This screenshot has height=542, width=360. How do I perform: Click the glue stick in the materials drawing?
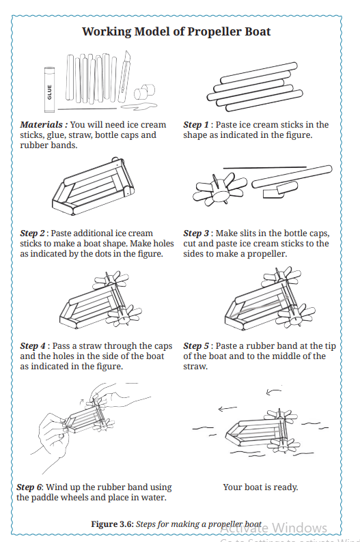pos(49,90)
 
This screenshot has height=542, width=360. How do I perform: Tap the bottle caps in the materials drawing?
pos(145,91)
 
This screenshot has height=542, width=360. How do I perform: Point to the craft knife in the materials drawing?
pos(124,76)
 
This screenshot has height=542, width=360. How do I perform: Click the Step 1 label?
pos(196,125)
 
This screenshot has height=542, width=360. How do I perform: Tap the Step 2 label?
pos(33,233)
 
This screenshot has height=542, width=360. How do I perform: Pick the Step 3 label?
pos(196,233)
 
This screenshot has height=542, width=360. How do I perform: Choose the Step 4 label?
pos(33,346)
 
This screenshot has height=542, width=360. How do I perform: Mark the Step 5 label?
pos(196,346)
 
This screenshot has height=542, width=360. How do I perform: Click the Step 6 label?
pos(29,487)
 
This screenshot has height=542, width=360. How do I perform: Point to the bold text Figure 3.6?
pos(113,524)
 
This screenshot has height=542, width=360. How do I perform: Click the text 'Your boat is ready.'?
pos(260,487)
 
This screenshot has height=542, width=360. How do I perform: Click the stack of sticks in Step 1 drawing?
pos(255,87)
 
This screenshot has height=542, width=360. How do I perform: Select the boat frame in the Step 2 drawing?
pos(93,187)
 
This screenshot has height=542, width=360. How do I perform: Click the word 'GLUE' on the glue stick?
pos(50,92)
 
